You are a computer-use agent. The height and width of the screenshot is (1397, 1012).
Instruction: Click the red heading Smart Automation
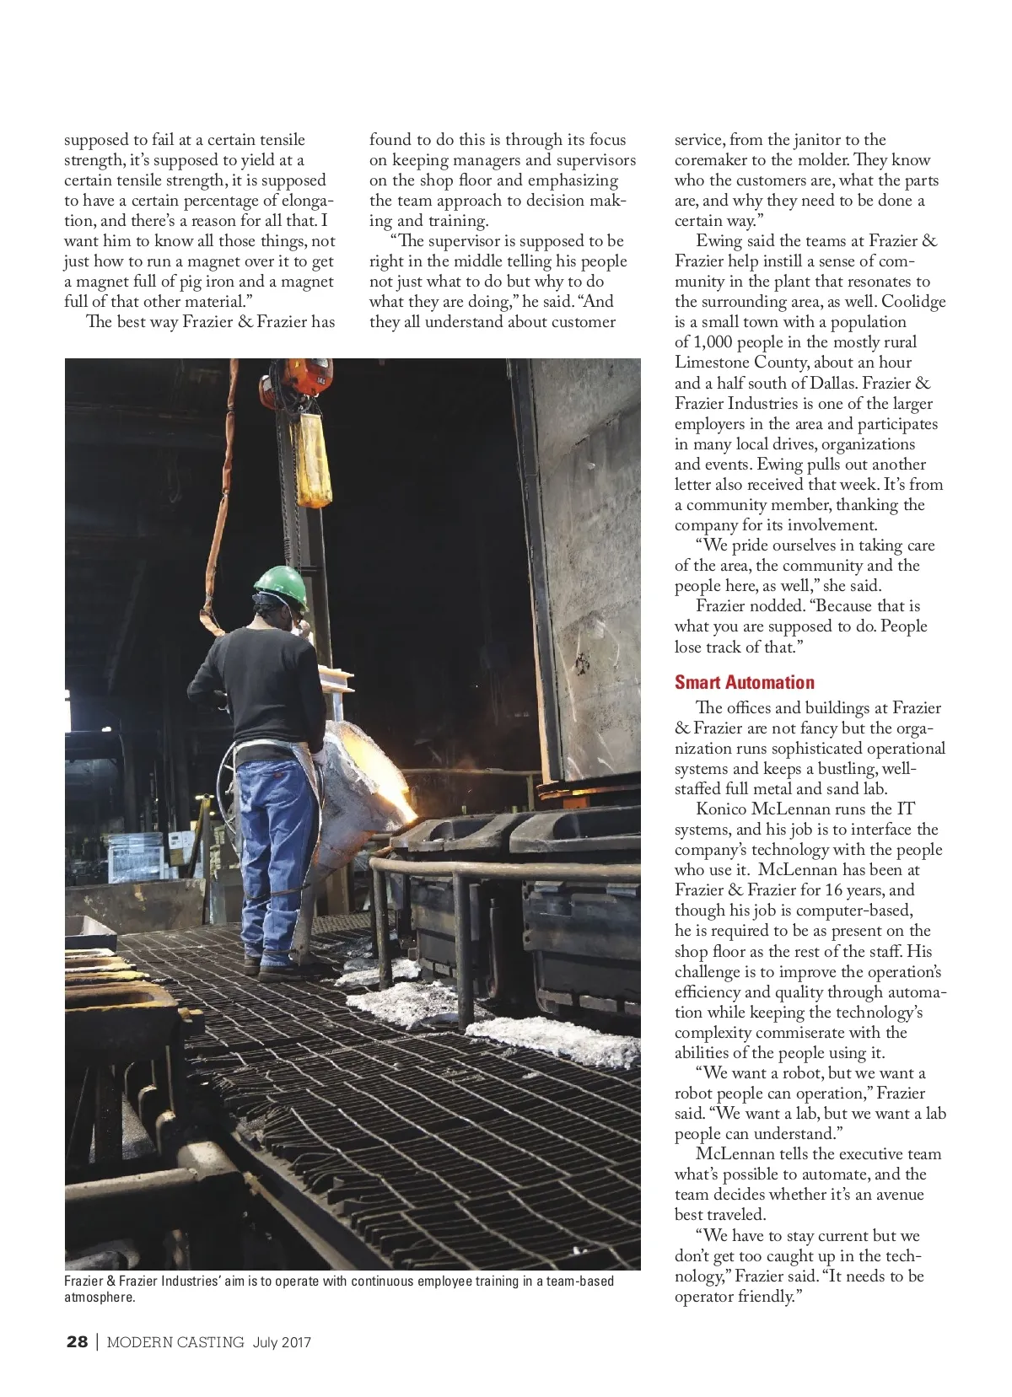point(744,682)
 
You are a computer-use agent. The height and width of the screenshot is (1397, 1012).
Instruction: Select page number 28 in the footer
point(77,1341)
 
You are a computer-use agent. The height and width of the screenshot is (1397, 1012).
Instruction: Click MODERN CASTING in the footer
point(175,1341)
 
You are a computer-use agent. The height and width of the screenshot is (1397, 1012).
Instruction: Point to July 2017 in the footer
point(282,1341)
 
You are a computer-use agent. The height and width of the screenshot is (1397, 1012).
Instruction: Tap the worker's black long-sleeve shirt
point(261,683)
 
